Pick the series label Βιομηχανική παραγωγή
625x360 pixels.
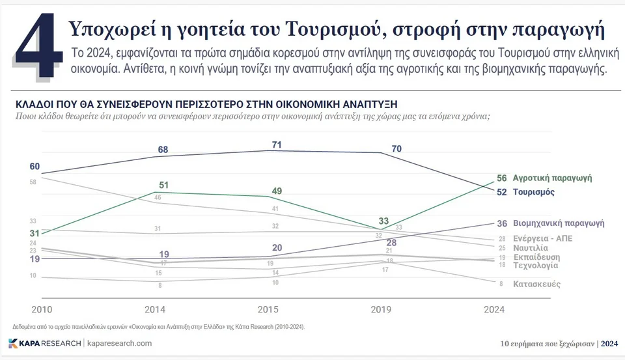click(559, 223)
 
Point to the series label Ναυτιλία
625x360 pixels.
click(530, 248)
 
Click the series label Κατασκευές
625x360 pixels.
click(536, 284)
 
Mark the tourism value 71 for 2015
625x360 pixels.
click(277, 145)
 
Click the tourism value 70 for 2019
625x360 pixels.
click(396, 148)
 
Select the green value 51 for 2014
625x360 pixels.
click(164, 185)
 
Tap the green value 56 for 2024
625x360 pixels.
click(501, 178)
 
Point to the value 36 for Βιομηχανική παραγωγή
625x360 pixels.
click(501, 223)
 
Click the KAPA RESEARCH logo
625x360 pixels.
click(45, 343)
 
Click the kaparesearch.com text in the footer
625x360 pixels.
click(119, 343)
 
